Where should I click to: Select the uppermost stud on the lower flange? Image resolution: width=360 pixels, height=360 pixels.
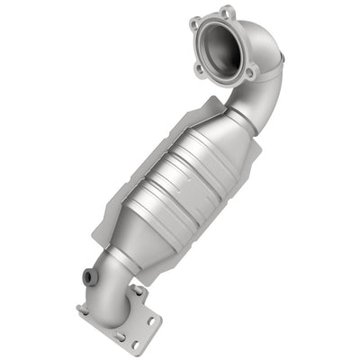point(138,289)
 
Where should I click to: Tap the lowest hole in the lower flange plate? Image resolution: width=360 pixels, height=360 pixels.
point(136,343)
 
